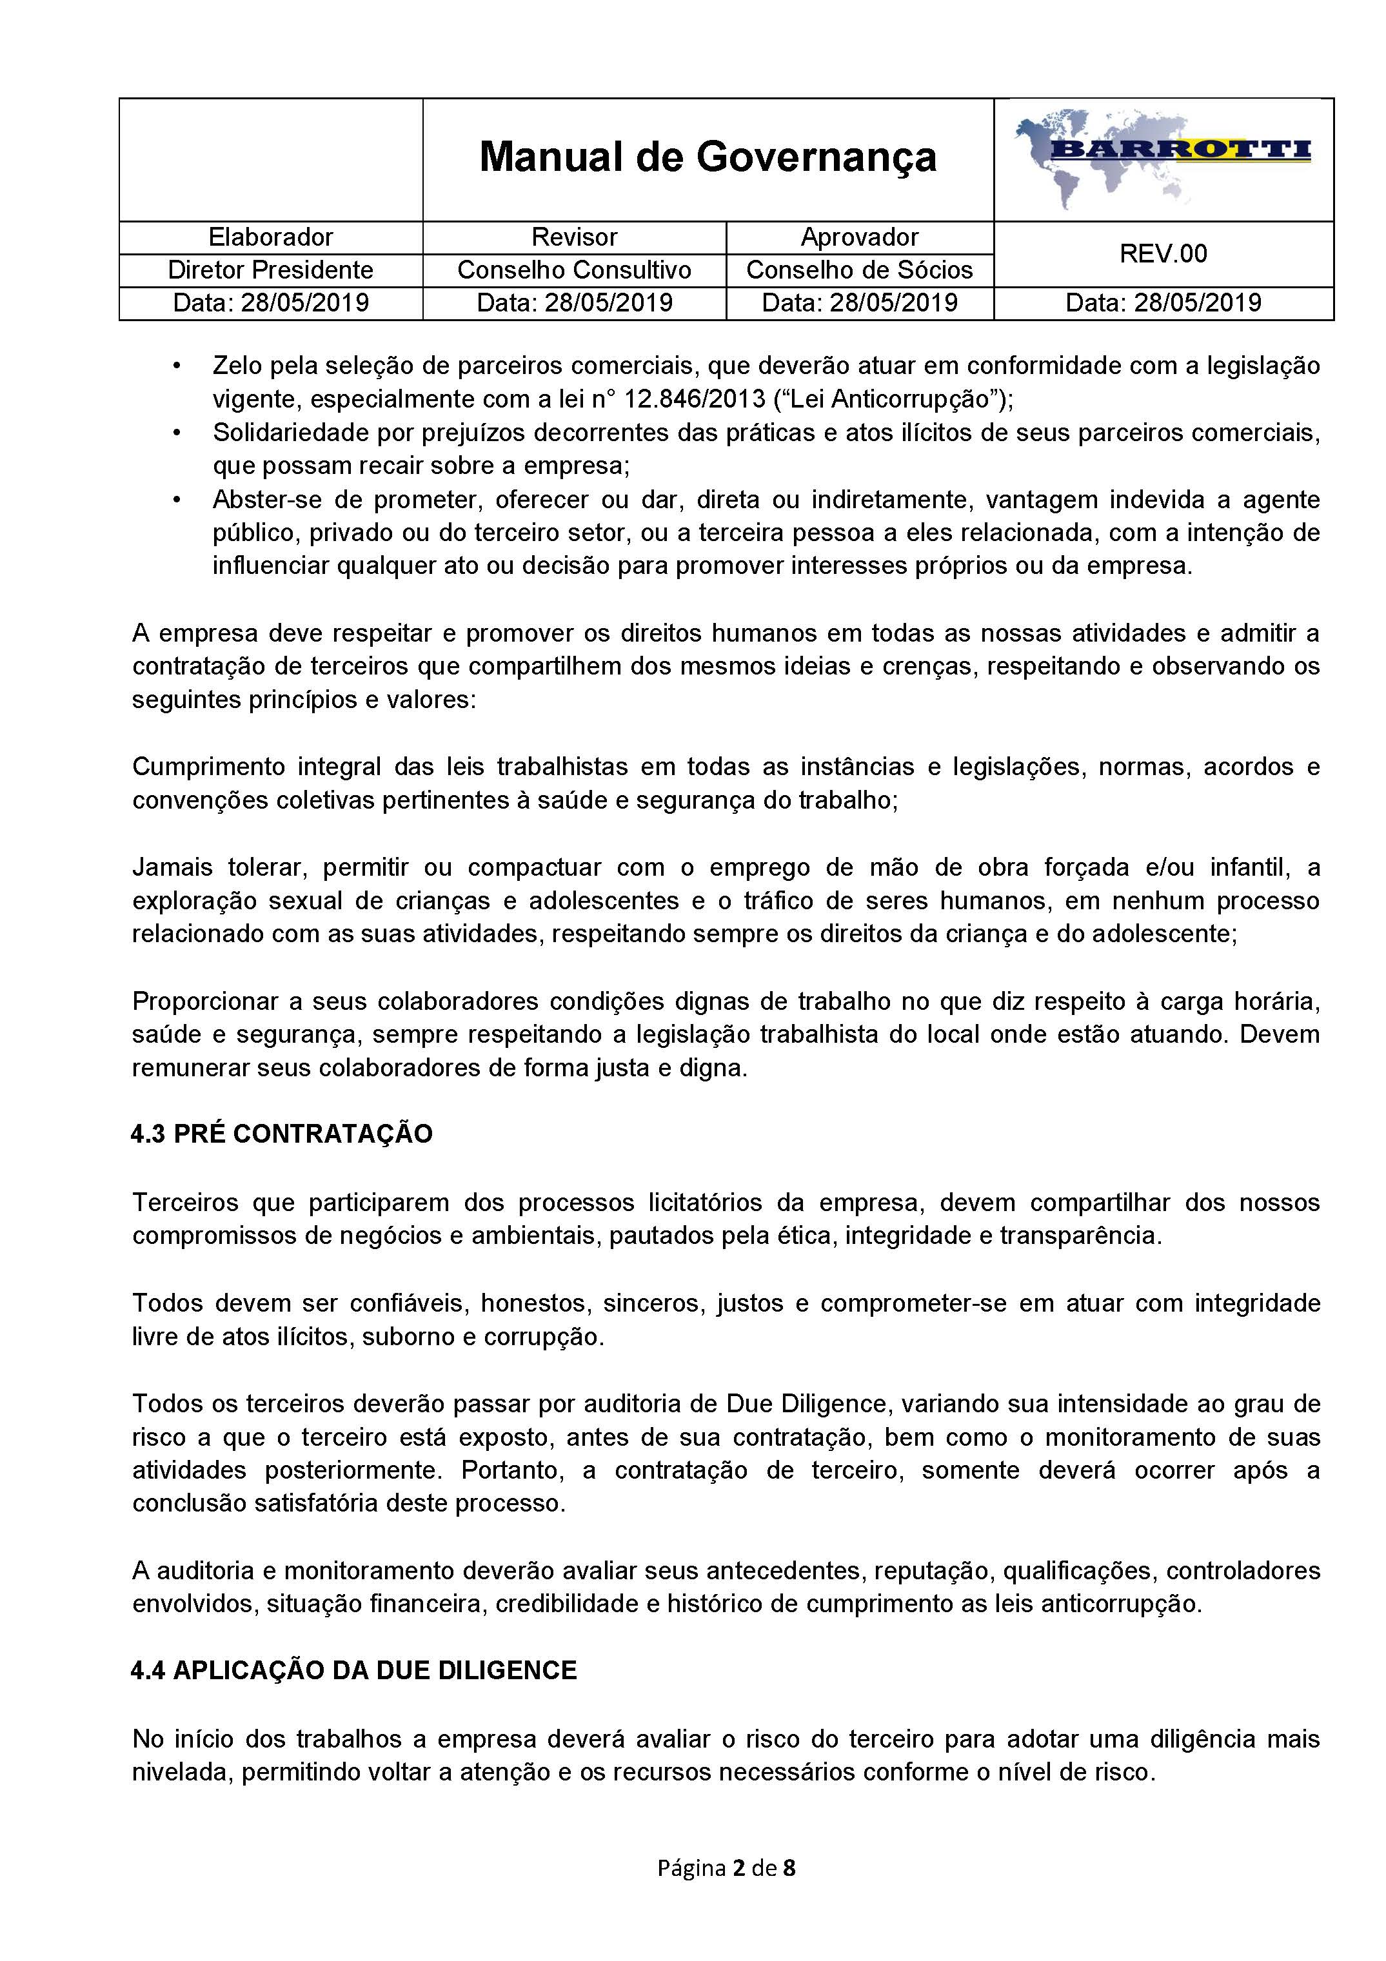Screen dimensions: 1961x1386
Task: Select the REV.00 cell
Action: (x=1163, y=253)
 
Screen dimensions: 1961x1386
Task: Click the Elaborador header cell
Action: (x=271, y=237)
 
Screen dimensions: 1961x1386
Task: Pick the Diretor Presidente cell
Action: (x=271, y=270)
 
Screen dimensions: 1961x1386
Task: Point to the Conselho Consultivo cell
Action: (x=574, y=270)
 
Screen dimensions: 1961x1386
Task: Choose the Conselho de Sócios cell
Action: (x=859, y=270)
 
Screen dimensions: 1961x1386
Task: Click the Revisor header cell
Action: (x=574, y=237)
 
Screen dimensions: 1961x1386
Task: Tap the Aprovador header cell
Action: (x=859, y=237)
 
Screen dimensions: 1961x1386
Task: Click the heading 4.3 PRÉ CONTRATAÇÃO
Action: (x=282, y=1134)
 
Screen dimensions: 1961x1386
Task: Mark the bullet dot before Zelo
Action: (x=177, y=366)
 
